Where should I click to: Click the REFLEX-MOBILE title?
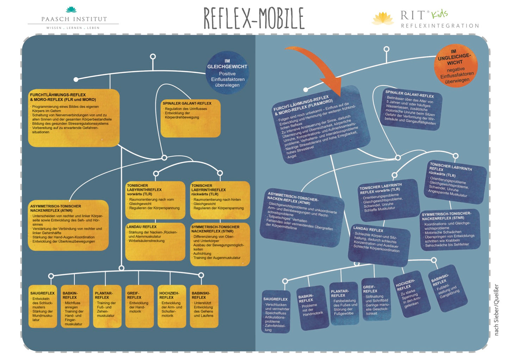point(254,18)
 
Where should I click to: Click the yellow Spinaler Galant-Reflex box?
point(190,118)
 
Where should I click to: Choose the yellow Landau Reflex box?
point(155,241)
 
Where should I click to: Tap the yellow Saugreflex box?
point(43,307)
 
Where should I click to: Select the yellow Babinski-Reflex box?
point(204,307)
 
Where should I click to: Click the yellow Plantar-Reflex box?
point(106,307)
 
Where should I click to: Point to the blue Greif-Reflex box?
point(376,299)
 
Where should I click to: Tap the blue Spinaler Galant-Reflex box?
point(411,107)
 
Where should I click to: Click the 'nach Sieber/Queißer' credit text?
point(496,310)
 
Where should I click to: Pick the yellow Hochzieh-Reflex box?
point(172,307)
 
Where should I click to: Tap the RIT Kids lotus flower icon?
point(383,18)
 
